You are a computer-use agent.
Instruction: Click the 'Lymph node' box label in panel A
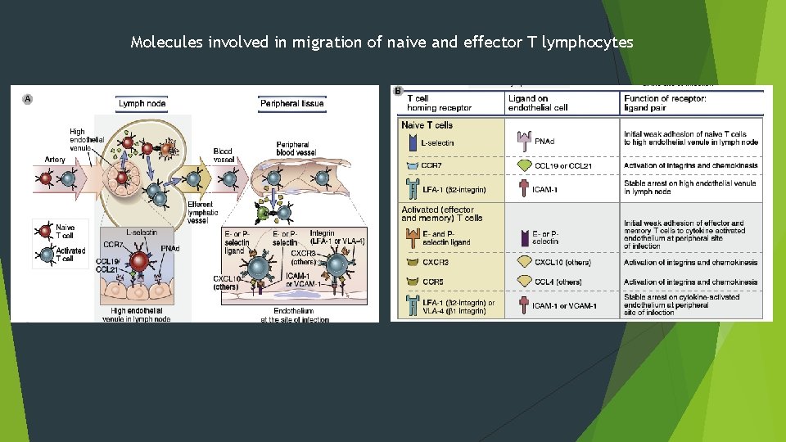tap(142, 104)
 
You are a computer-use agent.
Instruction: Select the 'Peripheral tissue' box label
tap(291, 104)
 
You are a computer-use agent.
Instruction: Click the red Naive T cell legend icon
tap(46, 229)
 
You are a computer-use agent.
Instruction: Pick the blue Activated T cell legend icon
tap(46, 254)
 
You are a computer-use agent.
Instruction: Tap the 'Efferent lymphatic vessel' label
tap(201, 210)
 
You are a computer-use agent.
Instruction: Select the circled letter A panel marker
tap(27, 99)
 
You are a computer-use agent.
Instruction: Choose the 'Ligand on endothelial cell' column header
tap(540, 102)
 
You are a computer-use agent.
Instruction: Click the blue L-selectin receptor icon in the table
tap(411, 142)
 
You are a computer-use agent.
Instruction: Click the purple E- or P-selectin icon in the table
tap(522, 237)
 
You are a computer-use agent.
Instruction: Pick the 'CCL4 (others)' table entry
tap(558, 282)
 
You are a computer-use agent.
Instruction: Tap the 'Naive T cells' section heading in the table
tap(427, 125)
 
